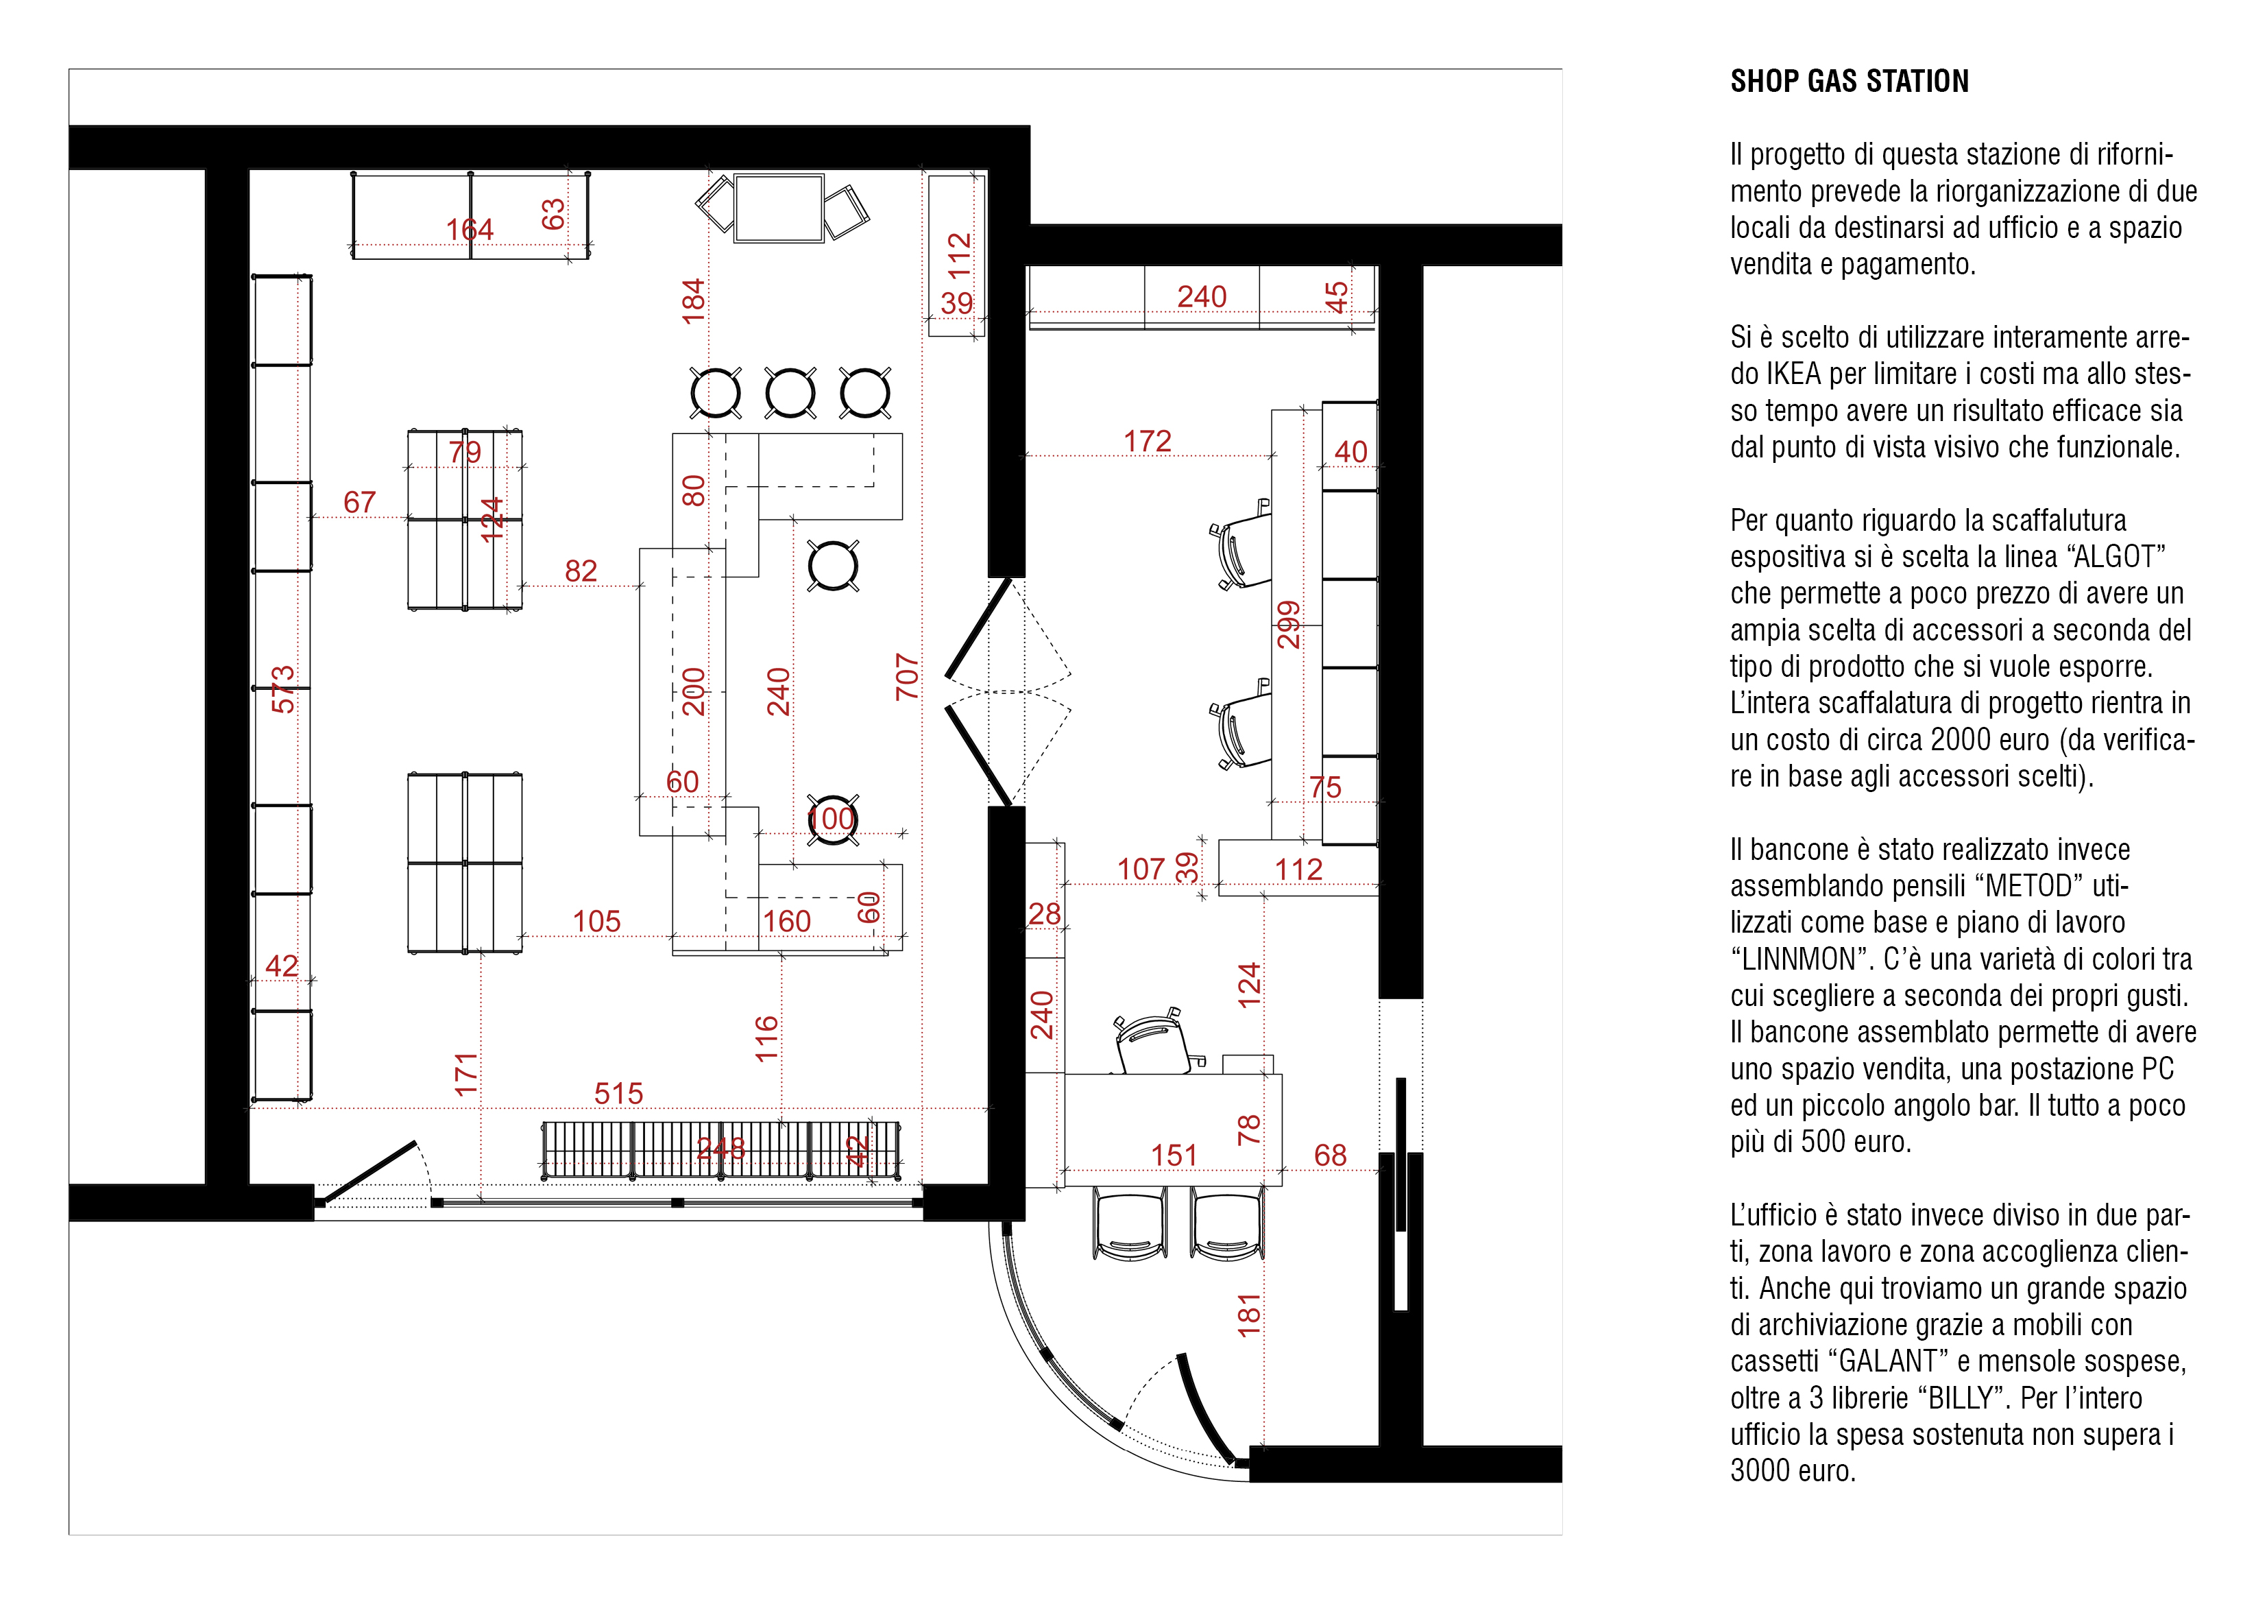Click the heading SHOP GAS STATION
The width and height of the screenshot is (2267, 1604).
(x=1850, y=81)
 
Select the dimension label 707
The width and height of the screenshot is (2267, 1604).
(x=906, y=678)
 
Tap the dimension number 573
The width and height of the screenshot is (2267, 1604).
(x=282, y=689)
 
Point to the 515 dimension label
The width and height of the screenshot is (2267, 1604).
(x=618, y=1093)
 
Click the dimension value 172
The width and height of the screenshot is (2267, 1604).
(x=1148, y=442)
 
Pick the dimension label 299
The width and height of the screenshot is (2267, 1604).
(x=1289, y=624)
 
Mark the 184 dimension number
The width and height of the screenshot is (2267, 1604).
(x=693, y=301)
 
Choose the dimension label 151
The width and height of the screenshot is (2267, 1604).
(x=1174, y=1155)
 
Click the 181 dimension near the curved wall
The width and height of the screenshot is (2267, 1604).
(x=1249, y=1315)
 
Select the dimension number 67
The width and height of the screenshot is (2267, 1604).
(x=359, y=503)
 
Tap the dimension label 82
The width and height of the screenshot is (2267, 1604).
(x=581, y=571)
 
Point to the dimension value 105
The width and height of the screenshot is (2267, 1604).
(x=596, y=922)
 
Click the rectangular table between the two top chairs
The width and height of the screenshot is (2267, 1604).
(x=779, y=207)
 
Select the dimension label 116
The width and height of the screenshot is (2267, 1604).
(x=766, y=1039)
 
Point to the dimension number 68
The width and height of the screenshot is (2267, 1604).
(x=1330, y=1155)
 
